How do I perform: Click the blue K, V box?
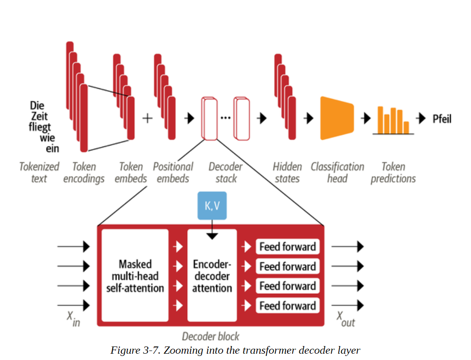[212, 205]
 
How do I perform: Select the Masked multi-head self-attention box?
[135, 275]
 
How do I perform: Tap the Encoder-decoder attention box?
[212, 275]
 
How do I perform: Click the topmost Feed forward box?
[288, 247]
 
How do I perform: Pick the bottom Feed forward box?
[288, 306]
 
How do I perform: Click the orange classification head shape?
[337, 118]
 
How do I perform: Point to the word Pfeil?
[442, 119]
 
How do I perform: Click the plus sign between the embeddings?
[147, 118]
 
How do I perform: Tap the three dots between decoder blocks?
[226, 118]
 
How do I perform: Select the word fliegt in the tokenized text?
[40, 127]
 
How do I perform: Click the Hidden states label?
[287, 173]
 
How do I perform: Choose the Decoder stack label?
[226, 173]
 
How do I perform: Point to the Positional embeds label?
[173, 173]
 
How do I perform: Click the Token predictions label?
[393, 173]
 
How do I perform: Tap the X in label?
[73, 319]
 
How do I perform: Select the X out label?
[345, 319]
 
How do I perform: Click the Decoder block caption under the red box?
[210, 337]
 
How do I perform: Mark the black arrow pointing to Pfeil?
[421, 118]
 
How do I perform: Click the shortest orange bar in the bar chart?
[406, 128]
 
